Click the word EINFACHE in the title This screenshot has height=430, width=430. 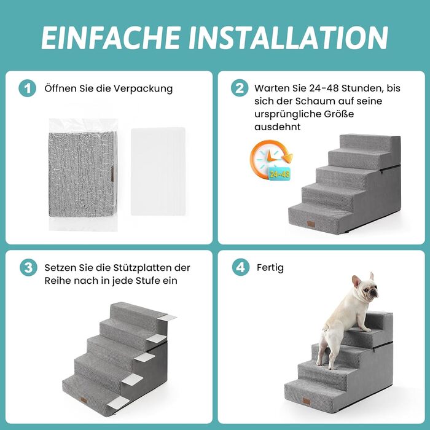[x=111, y=37]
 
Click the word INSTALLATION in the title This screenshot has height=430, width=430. [x=288, y=37]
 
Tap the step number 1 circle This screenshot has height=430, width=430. [x=27, y=88]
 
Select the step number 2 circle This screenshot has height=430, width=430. [x=240, y=88]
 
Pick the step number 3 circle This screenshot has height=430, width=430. [x=28, y=267]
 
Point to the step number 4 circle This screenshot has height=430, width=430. [x=241, y=267]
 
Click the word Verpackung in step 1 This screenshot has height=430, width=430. [x=143, y=89]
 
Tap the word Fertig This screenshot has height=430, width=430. [x=270, y=268]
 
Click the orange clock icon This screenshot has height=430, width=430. [x=270, y=160]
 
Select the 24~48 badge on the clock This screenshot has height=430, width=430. [x=279, y=174]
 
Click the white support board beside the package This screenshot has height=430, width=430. [x=158, y=171]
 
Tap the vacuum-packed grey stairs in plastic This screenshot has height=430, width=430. [x=83, y=174]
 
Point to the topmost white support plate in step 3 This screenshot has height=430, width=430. [x=167, y=318]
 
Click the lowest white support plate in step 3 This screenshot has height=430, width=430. [x=118, y=402]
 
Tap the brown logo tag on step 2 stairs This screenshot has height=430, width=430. [x=311, y=224]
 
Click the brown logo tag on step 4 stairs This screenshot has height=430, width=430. [x=306, y=401]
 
